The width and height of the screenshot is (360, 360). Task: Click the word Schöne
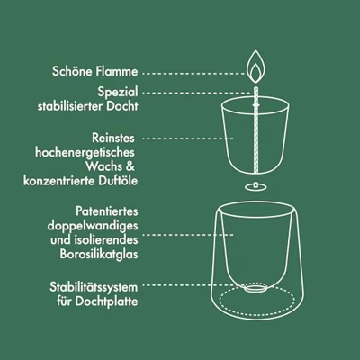click(x=72, y=71)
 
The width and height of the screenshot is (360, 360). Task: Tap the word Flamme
click(x=117, y=71)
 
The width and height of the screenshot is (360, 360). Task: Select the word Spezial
click(x=118, y=92)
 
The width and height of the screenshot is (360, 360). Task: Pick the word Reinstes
click(x=113, y=138)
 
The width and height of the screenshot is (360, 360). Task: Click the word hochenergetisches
click(x=85, y=152)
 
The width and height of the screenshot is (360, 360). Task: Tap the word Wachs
click(x=104, y=166)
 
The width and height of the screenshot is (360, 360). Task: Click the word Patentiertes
click(x=107, y=211)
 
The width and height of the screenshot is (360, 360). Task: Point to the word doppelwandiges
click(x=93, y=226)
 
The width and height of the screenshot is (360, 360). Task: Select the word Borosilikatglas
click(x=99, y=255)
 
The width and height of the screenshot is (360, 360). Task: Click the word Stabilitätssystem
click(x=94, y=287)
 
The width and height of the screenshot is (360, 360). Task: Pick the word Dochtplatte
click(x=106, y=301)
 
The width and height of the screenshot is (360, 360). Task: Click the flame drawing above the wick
click(x=255, y=67)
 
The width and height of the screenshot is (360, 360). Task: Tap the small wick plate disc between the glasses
click(x=256, y=186)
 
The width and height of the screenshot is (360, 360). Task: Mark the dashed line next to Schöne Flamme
click(x=194, y=73)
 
